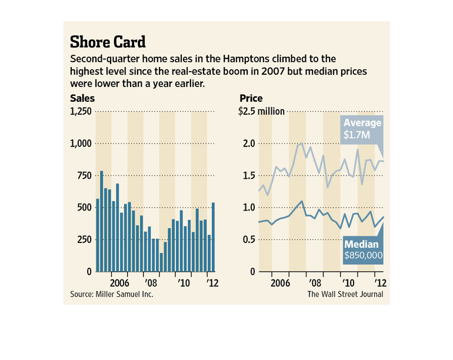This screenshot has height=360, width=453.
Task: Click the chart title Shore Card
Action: [x=108, y=42]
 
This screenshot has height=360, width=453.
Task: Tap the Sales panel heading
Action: [x=82, y=99]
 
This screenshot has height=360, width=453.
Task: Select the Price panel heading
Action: [x=251, y=99]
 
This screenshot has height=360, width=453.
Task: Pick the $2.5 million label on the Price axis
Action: [x=262, y=112]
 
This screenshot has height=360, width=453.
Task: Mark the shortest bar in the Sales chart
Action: [x=161, y=262]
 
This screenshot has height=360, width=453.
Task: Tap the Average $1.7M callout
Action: [x=363, y=129]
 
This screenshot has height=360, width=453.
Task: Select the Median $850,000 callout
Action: [x=363, y=250]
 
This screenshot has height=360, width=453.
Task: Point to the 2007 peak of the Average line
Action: [x=301, y=143]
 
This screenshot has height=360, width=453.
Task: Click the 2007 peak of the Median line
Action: [x=302, y=201]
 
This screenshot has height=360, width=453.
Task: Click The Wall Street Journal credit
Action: [x=345, y=294]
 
